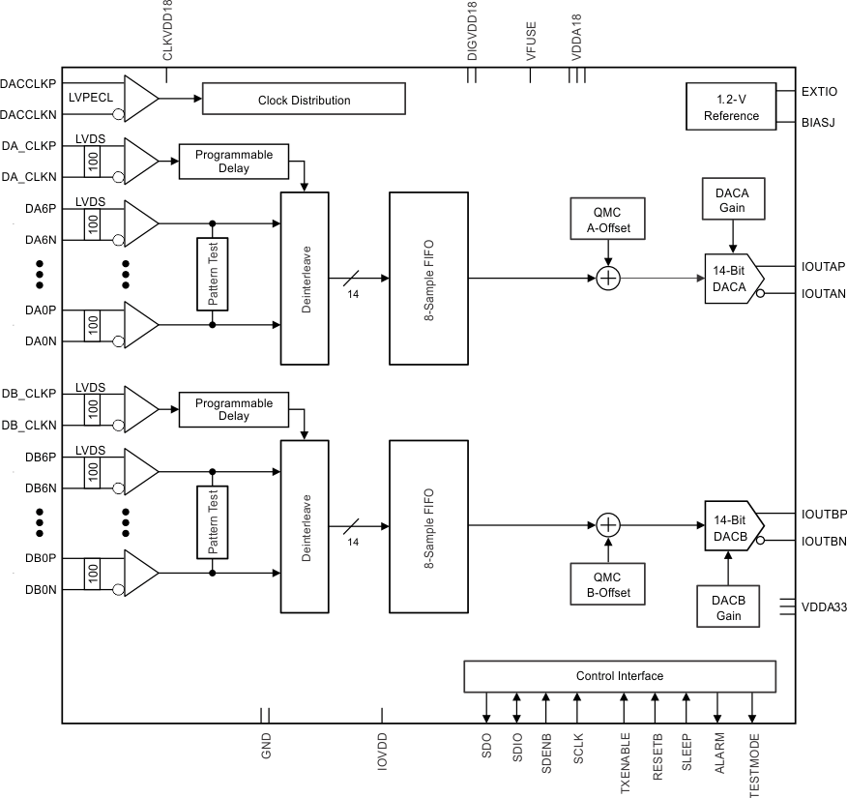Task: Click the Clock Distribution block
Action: pyautogui.click(x=304, y=100)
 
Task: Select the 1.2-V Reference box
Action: pyautogui.click(x=731, y=107)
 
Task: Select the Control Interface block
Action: pyautogui.click(x=619, y=675)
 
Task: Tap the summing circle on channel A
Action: pyautogui.click(x=607, y=279)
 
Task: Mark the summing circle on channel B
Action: pyautogui.click(x=607, y=525)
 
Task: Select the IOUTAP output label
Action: pyautogui.click(x=824, y=266)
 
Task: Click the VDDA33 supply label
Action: pyautogui.click(x=824, y=607)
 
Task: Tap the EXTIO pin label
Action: pyautogui.click(x=819, y=92)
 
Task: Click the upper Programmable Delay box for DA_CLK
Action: pyautogui.click(x=234, y=162)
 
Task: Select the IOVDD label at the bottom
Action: pyautogui.click(x=383, y=751)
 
